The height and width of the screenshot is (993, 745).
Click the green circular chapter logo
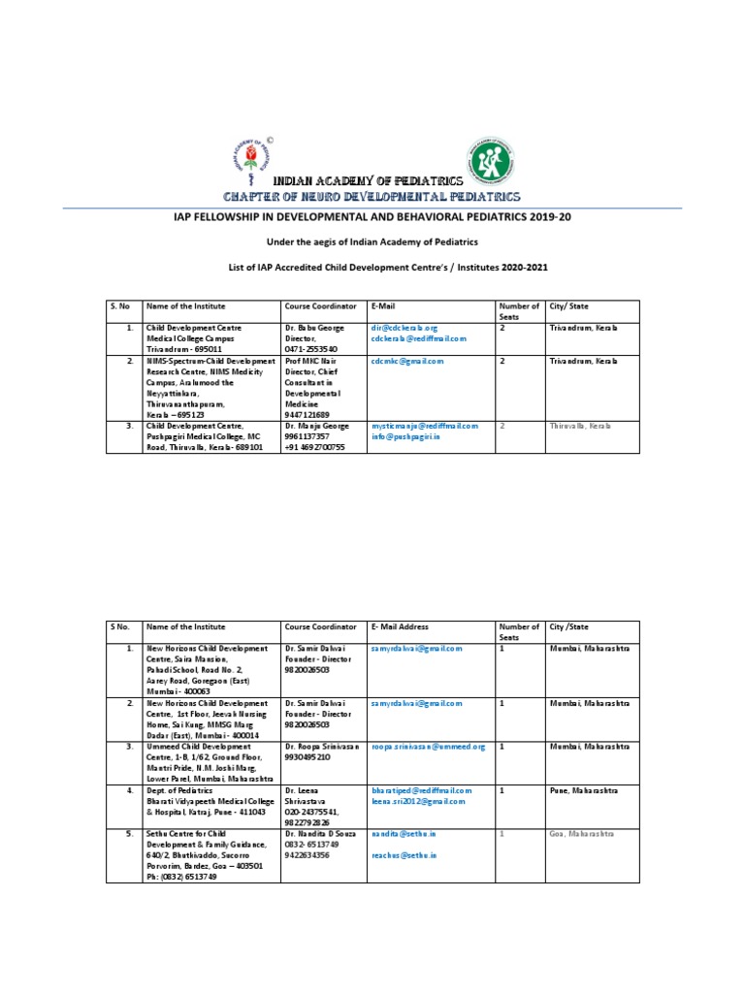[x=493, y=156]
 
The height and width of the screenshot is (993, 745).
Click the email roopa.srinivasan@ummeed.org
[x=427, y=748]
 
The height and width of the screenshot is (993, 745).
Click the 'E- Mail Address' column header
[x=400, y=627]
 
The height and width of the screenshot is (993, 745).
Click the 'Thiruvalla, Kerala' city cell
[x=580, y=426]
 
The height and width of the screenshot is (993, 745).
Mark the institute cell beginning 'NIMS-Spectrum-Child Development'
[x=209, y=361]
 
